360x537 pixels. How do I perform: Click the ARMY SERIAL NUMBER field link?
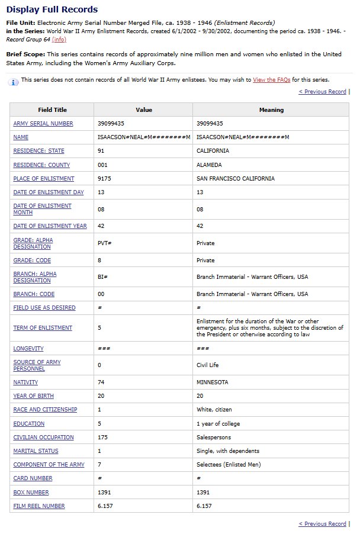pos(43,124)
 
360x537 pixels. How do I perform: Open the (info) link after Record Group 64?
pos(59,39)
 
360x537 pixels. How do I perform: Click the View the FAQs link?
pos(271,80)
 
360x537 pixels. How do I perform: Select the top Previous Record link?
pos(322,92)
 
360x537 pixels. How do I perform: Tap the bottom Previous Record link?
pos(322,524)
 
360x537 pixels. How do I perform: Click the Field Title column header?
pos(52,110)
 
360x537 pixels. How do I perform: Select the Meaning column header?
pos(271,110)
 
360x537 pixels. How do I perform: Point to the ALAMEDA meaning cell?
pos(209,165)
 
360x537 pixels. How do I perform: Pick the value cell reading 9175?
pos(105,179)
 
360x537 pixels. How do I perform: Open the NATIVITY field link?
pos(27,382)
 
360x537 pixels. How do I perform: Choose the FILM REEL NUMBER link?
pos(39,506)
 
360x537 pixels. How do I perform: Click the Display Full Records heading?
pos(52,9)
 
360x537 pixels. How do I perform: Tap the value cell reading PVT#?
pos(105,243)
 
